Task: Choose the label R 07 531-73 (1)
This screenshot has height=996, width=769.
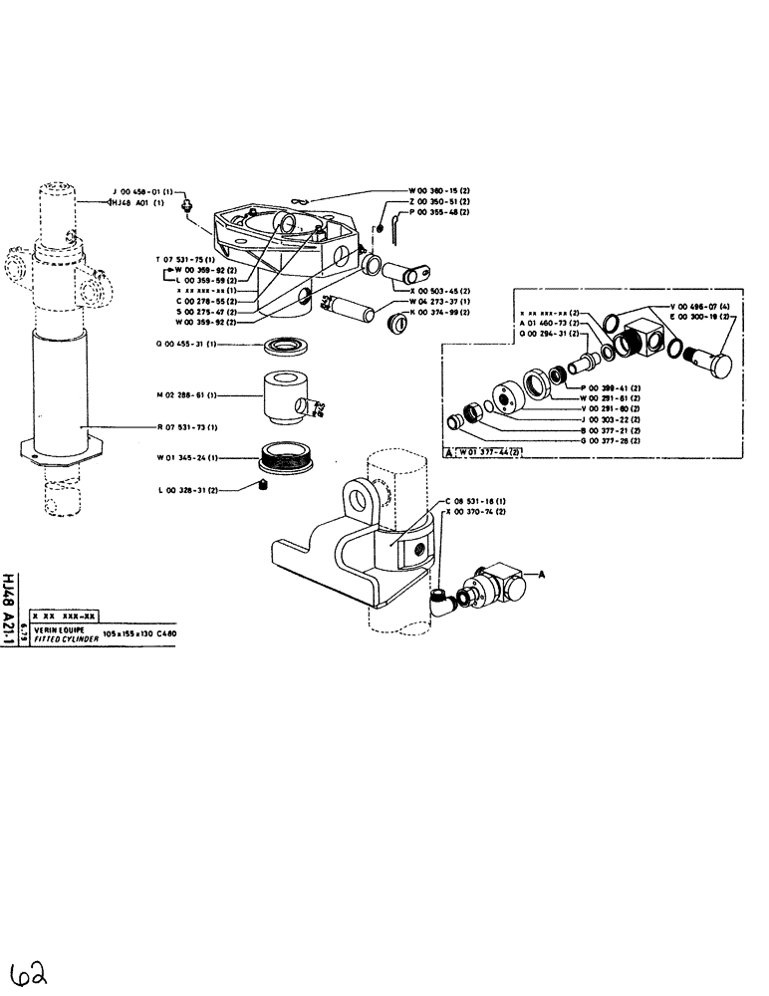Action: tap(184, 427)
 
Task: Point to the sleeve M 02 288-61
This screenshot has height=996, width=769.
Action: tap(285, 397)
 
